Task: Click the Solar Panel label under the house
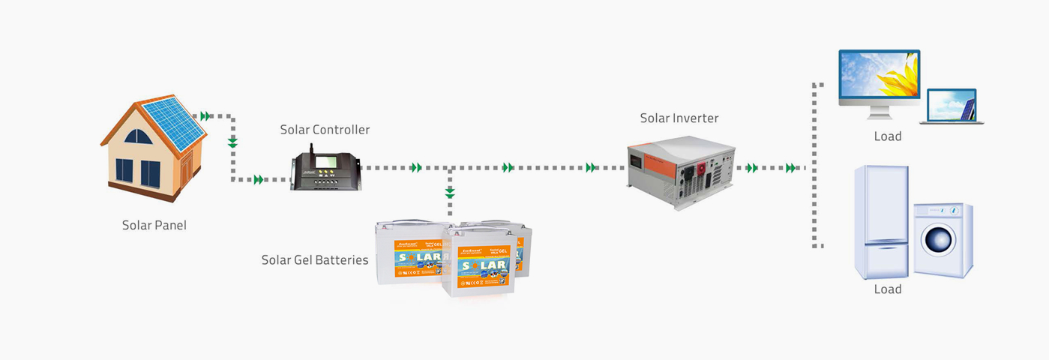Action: coord(154,225)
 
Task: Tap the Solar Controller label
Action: coord(325,130)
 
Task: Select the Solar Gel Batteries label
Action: coord(315,260)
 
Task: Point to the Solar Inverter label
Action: coord(679,118)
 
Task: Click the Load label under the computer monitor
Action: coord(887,136)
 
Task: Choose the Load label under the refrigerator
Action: coord(887,289)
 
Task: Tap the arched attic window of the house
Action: coord(138,136)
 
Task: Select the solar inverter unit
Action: coord(681,171)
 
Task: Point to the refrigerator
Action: coord(882,221)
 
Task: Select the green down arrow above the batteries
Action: coord(450,193)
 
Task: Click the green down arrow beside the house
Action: coord(232,142)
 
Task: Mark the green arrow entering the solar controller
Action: coord(259,179)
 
